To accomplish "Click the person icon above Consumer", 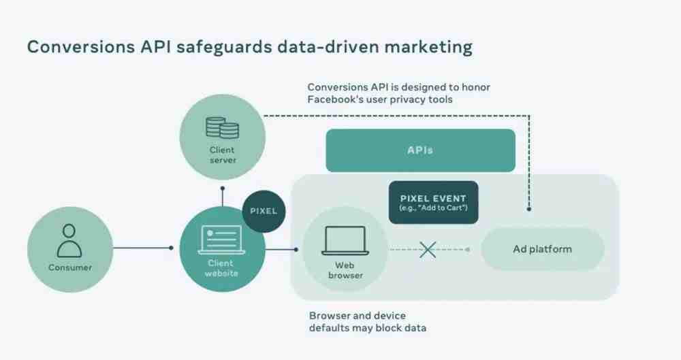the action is [x=69, y=241].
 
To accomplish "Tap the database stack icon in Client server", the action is [x=222, y=128].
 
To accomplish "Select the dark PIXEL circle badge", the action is [x=264, y=211].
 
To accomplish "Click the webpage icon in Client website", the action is [x=221, y=240].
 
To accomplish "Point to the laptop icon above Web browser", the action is [x=345, y=241].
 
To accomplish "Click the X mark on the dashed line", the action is [x=428, y=250].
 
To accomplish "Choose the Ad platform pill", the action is [x=543, y=249].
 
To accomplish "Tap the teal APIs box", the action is [x=420, y=150].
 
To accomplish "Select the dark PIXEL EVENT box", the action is [x=433, y=202].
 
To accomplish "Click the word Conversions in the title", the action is [x=81, y=47].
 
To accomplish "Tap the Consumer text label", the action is [x=70, y=267].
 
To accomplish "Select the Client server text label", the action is [x=223, y=155].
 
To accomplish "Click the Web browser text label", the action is [x=345, y=270].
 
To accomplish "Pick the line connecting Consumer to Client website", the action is [x=143, y=248].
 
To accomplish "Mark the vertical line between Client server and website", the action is [x=223, y=197].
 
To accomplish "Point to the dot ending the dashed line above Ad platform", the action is [x=529, y=209].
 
